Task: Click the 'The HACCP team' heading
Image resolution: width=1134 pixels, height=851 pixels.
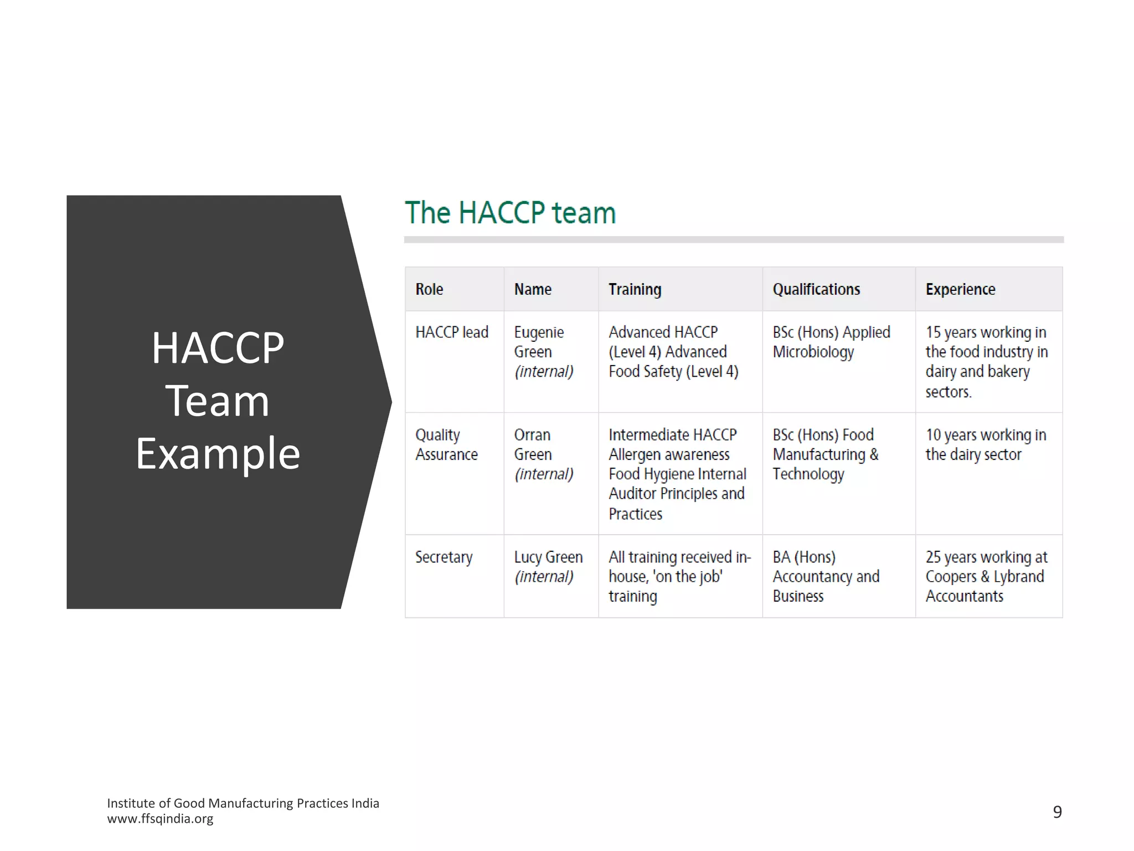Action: [x=510, y=213]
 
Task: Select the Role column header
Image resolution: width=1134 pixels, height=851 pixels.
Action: [x=429, y=289]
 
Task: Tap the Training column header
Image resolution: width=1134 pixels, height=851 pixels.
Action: [x=635, y=289]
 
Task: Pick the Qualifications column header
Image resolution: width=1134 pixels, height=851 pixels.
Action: [x=816, y=289]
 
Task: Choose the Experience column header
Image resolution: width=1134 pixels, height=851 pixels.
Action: [x=960, y=289]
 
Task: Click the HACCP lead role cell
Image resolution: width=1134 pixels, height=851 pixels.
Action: [x=452, y=332]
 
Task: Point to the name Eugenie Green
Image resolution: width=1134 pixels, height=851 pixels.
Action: [x=538, y=342]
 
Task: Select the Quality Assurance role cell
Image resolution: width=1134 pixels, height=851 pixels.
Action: [x=446, y=444]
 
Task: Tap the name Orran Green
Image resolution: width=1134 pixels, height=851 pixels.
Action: [x=533, y=444]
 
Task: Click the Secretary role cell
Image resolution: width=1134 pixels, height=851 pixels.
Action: [x=444, y=557]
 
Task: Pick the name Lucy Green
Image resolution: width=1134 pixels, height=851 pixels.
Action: [x=548, y=557]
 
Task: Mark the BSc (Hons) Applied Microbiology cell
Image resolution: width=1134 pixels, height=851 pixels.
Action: [x=831, y=342]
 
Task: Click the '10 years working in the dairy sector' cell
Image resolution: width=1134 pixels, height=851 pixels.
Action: [x=986, y=444]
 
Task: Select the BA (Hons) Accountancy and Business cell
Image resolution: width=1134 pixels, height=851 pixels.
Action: [x=825, y=576]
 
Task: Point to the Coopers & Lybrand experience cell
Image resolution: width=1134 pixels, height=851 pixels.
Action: [x=986, y=576]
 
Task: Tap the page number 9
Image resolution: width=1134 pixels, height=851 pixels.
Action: [x=1057, y=812]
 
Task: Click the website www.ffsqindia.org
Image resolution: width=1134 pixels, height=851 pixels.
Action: [x=160, y=819]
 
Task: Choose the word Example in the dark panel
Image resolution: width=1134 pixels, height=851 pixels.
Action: [x=218, y=453]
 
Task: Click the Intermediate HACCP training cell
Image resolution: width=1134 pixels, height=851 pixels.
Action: [x=677, y=474]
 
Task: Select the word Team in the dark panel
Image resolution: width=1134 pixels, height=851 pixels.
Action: [x=218, y=401]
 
